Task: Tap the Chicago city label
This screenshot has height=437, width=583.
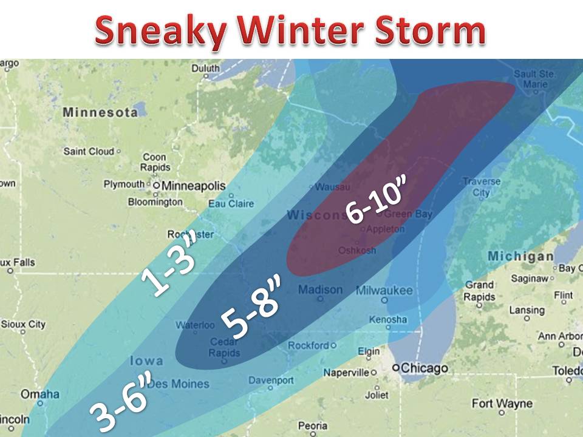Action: (x=424, y=368)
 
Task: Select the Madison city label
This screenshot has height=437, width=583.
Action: (x=320, y=290)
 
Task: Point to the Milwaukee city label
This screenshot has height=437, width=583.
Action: (x=384, y=291)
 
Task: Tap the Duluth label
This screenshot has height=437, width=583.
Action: (x=205, y=69)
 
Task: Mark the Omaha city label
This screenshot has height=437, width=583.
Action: (x=40, y=395)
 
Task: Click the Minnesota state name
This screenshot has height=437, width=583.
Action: (x=100, y=112)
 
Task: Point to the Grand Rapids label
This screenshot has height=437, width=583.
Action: (x=479, y=291)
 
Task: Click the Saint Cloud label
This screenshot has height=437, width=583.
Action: (x=89, y=151)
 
